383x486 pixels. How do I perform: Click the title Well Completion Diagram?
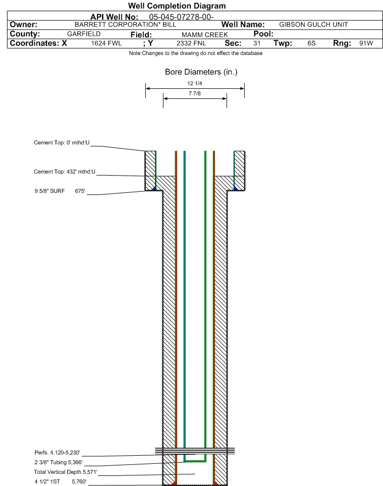pyautogui.click(x=177, y=6)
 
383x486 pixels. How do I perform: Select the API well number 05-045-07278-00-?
pyautogui.click(x=181, y=17)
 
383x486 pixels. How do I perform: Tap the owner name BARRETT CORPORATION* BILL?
pyautogui.click(x=126, y=25)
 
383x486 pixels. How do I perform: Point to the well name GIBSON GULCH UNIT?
pyautogui.click(x=313, y=25)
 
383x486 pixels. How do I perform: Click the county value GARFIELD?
pyautogui.click(x=84, y=34)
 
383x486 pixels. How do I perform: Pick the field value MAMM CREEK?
pyautogui.click(x=205, y=35)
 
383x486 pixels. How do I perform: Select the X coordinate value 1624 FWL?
pyautogui.click(x=106, y=43)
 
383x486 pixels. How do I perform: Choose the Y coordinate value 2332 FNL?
pyautogui.click(x=191, y=43)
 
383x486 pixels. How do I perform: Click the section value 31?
pyautogui.click(x=257, y=43)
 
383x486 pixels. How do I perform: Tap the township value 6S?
pyautogui.click(x=311, y=43)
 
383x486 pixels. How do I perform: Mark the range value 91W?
pyautogui.click(x=366, y=43)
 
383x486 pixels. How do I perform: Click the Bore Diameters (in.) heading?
pyautogui.click(x=201, y=72)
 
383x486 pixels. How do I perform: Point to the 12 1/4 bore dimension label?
pyautogui.click(x=195, y=83)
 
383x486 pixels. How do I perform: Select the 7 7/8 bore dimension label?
pyautogui.click(x=195, y=93)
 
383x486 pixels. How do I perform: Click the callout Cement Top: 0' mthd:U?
pyautogui.click(x=62, y=143)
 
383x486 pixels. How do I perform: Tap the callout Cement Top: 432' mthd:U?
pyautogui.click(x=65, y=172)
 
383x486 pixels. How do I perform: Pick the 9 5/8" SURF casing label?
pyautogui.click(x=49, y=191)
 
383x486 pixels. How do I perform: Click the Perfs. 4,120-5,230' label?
pyautogui.click(x=58, y=453)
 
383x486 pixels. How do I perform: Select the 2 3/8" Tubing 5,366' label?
pyautogui.click(x=59, y=462)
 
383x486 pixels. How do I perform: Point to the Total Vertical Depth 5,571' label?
pyautogui.click(x=66, y=472)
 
